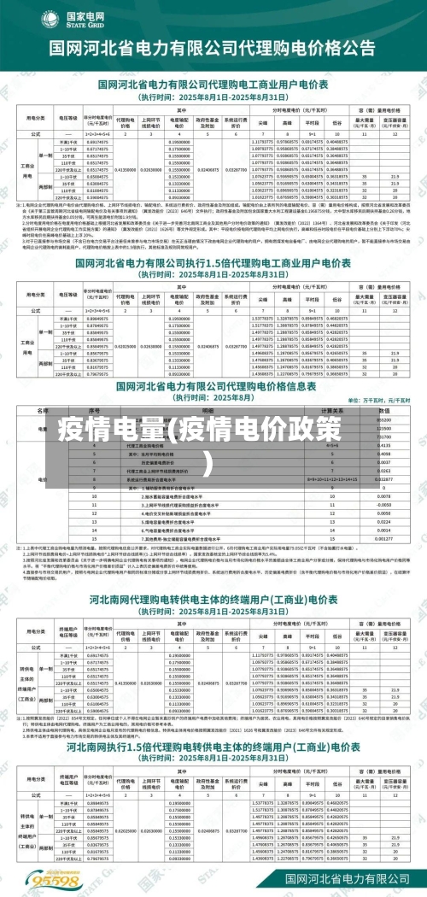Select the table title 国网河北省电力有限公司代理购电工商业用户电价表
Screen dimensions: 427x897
click(x=213, y=85)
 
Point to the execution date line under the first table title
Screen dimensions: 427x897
click(x=213, y=96)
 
